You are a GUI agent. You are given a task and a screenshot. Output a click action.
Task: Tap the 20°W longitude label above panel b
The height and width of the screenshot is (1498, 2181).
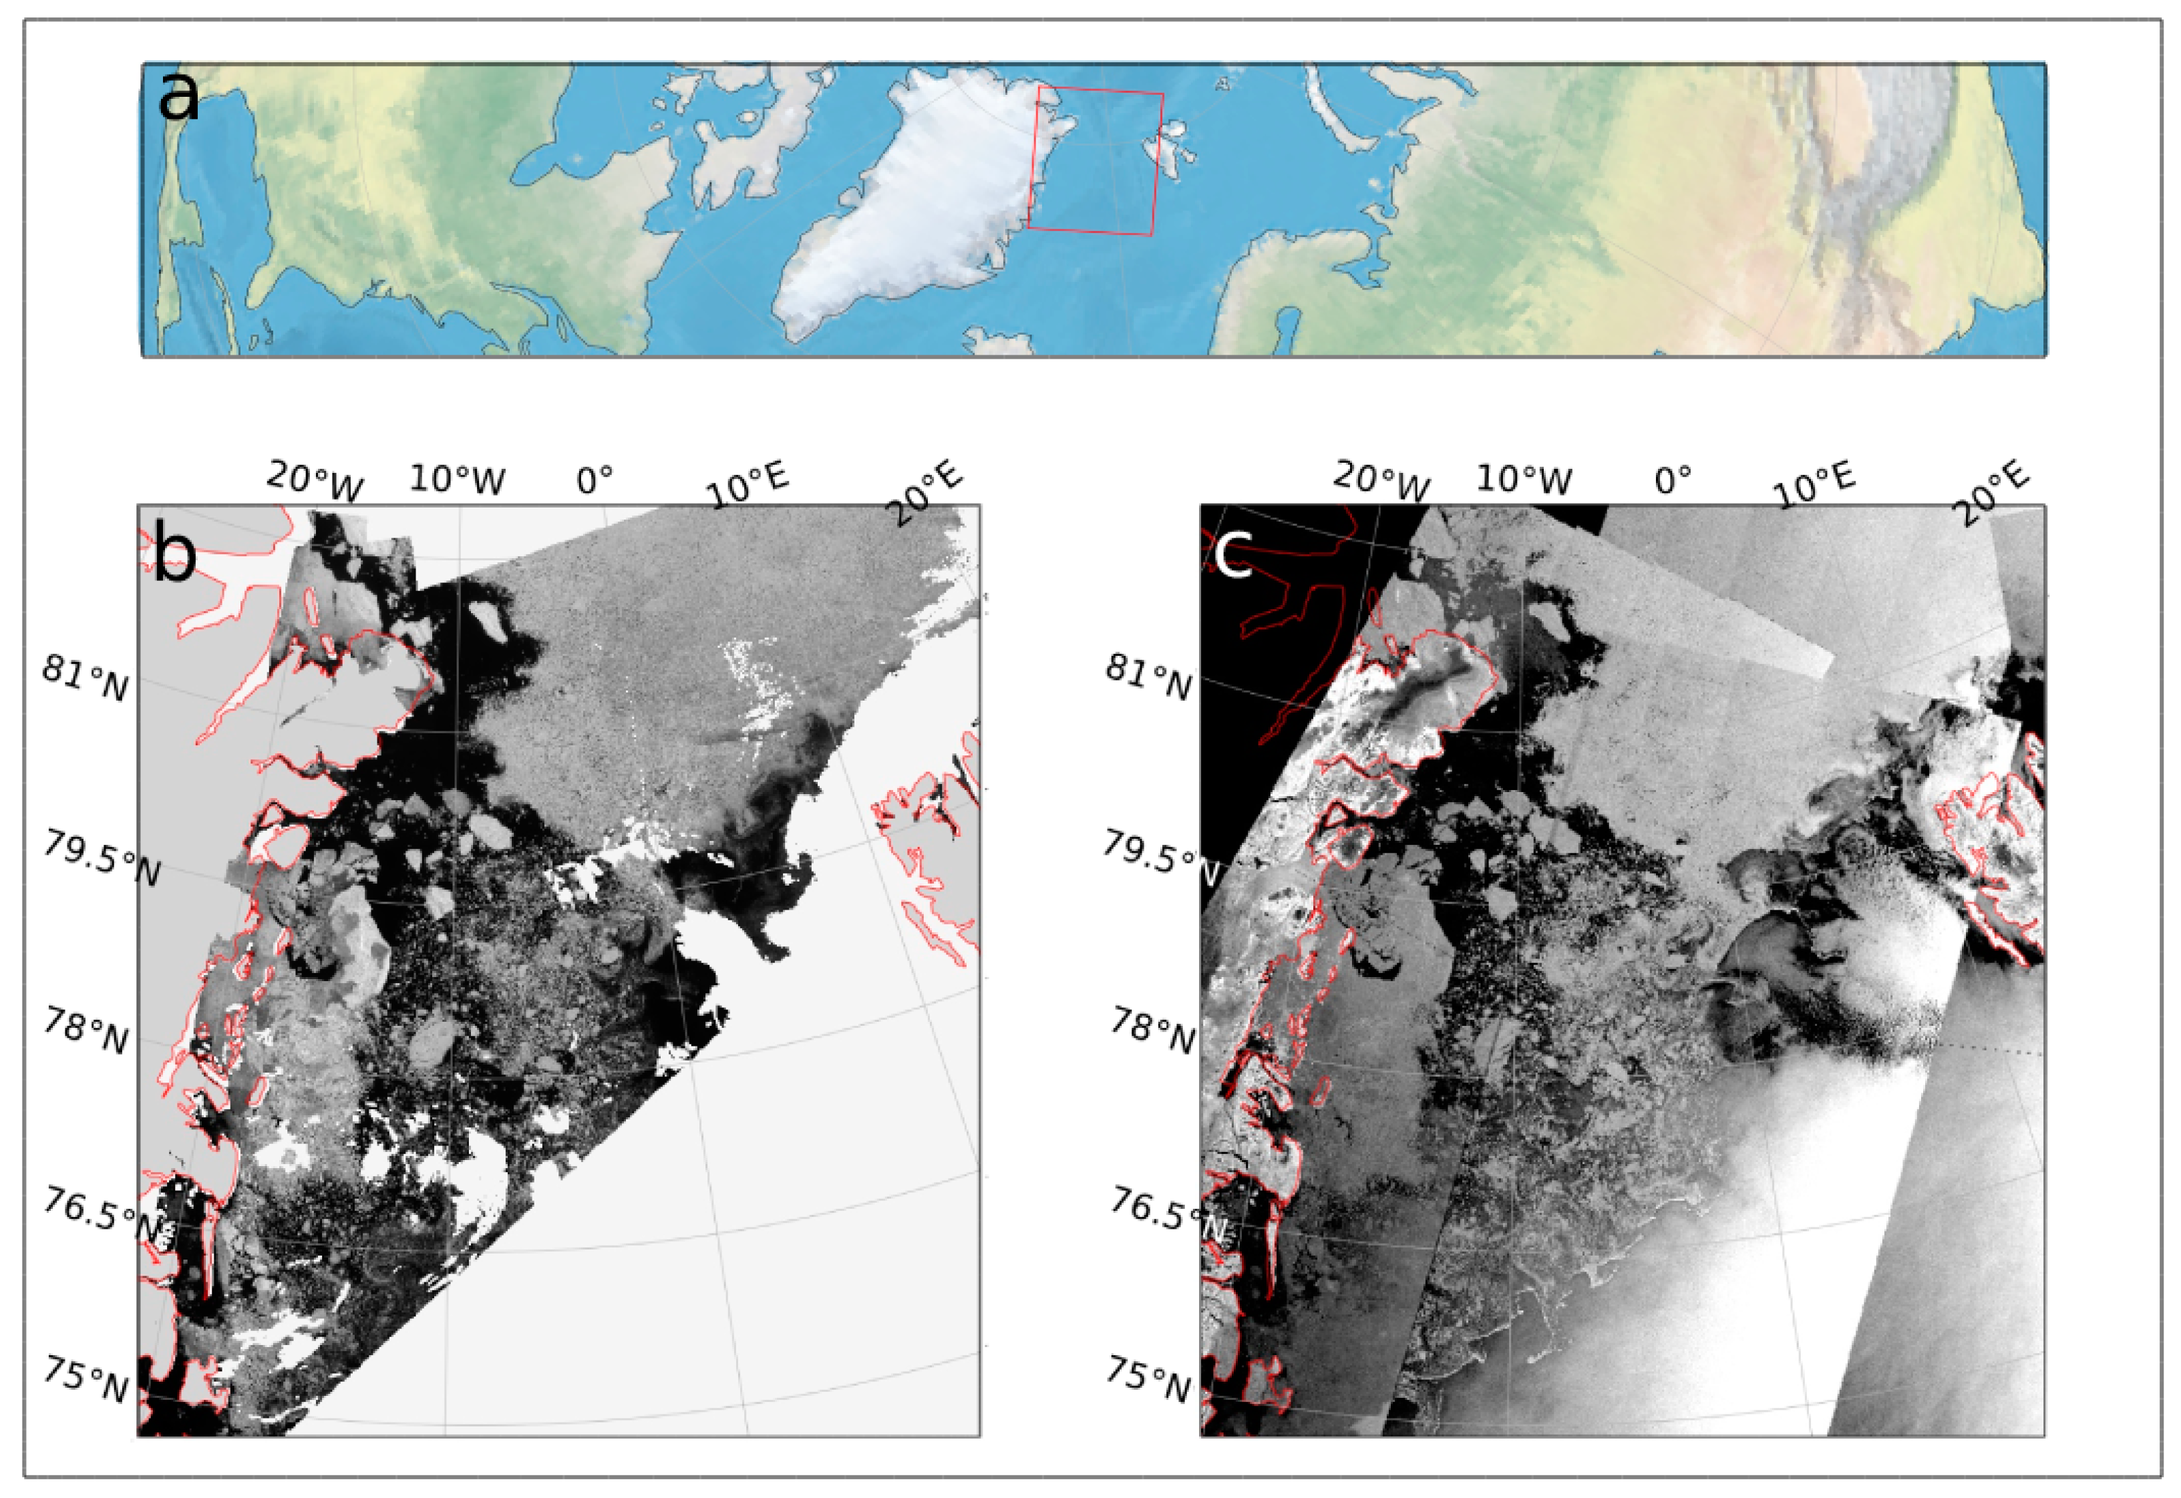click(315, 481)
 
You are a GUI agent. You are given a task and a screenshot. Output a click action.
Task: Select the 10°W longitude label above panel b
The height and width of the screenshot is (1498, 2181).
click(457, 480)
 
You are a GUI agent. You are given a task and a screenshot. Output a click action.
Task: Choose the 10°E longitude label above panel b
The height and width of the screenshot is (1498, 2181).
click(748, 484)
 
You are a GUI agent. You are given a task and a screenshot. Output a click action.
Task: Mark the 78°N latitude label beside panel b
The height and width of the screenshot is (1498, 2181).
click(84, 1033)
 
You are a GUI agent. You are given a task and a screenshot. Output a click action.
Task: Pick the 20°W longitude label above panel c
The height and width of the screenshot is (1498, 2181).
click(1380, 481)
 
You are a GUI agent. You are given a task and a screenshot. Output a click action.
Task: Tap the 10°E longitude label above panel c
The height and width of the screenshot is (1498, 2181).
click(1814, 484)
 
